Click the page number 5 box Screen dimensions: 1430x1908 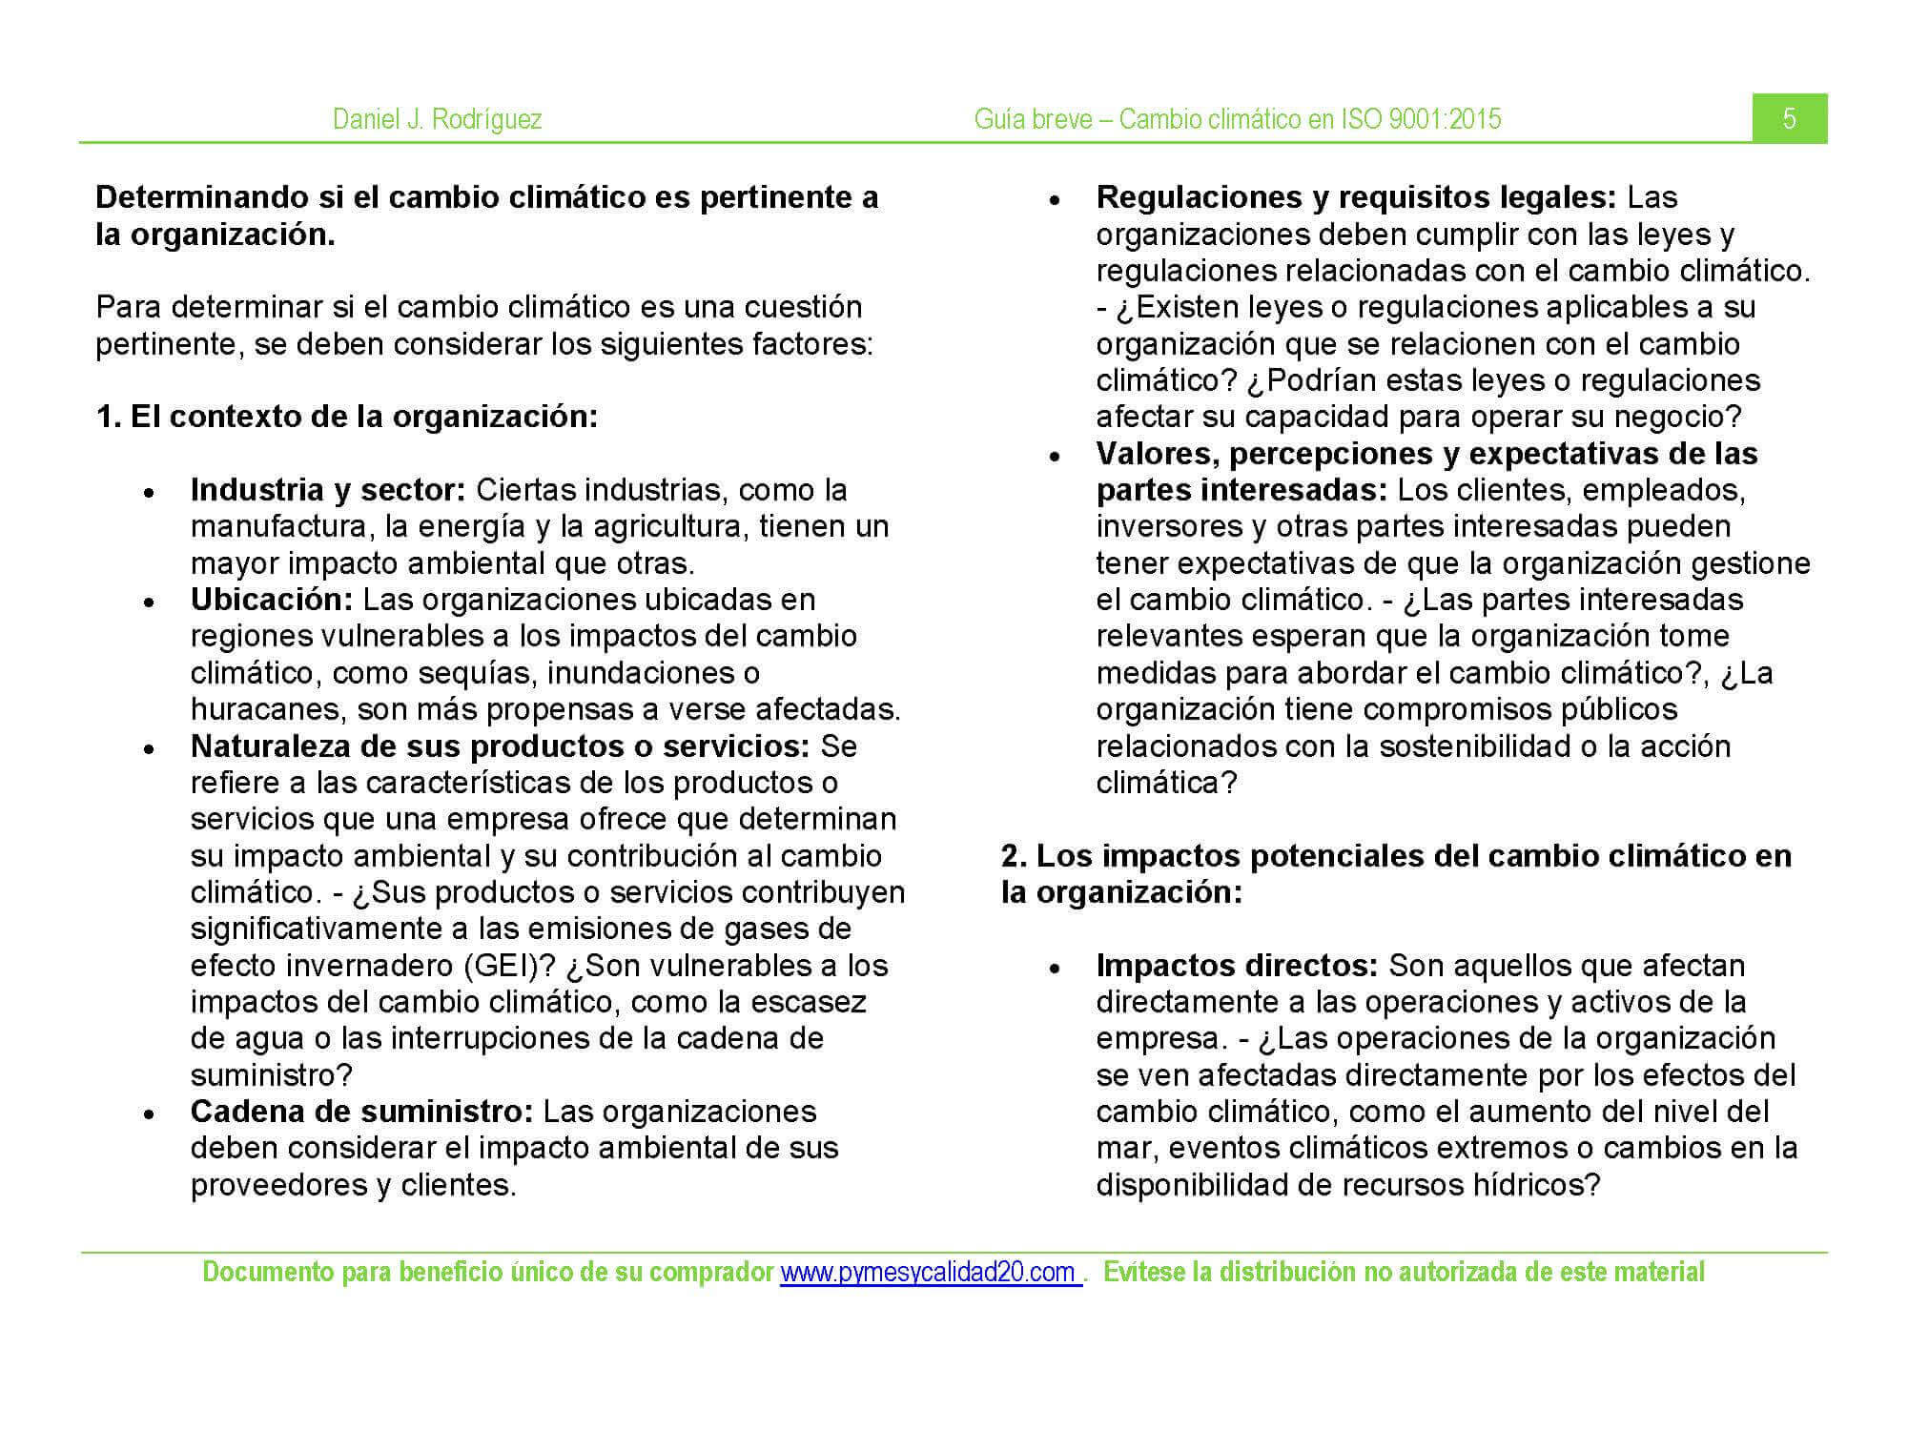pyautogui.click(x=1789, y=118)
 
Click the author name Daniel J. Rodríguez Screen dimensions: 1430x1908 pyautogui.click(x=437, y=119)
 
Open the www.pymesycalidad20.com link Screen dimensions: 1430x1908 pyautogui.click(x=930, y=1273)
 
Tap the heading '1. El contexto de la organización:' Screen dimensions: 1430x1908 pyautogui.click(x=347, y=417)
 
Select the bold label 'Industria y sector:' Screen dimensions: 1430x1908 pyautogui.click(x=328, y=490)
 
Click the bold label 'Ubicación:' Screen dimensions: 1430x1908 pyautogui.click(x=272, y=600)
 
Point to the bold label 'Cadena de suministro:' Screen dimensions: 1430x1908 pyautogui.click(x=361, y=1112)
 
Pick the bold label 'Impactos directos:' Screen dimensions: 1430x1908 pyautogui.click(x=1237, y=966)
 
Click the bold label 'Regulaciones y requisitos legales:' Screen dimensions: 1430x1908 pyautogui.click(x=1356, y=197)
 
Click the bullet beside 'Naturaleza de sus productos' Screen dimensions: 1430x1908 pyautogui.click(x=149, y=748)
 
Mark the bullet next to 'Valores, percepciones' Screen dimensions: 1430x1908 pyautogui.click(x=1055, y=456)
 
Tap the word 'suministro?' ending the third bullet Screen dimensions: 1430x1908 pyautogui.click(x=272, y=1075)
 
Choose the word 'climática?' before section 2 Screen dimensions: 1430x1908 pyautogui.click(x=1166, y=783)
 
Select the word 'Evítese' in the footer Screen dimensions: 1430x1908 pyautogui.click(x=1145, y=1273)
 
